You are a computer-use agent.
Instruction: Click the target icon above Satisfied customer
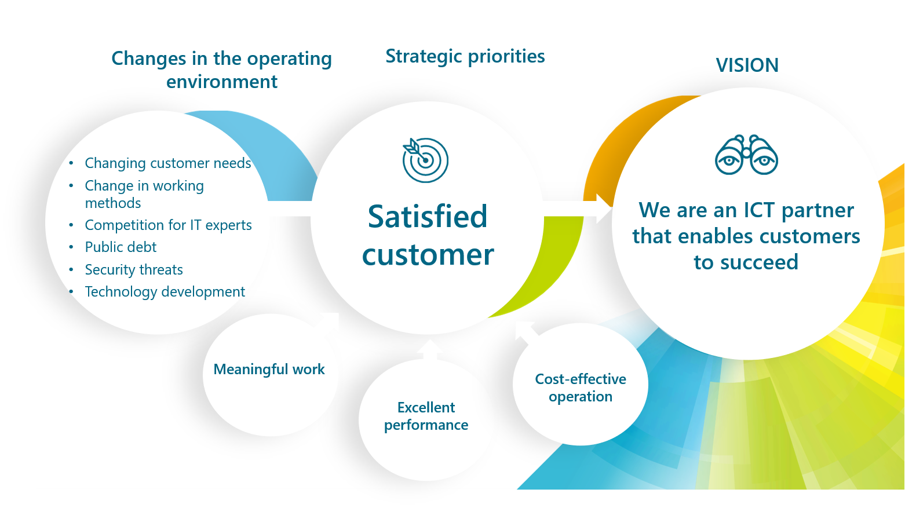click(x=426, y=160)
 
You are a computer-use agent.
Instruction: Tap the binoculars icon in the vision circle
click(x=746, y=155)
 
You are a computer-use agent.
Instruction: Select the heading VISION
click(x=747, y=65)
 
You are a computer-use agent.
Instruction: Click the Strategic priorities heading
click(x=465, y=56)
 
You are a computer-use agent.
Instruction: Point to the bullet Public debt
click(x=121, y=247)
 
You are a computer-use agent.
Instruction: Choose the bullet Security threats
click(x=134, y=270)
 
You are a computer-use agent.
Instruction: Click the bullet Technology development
click(x=165, y=292)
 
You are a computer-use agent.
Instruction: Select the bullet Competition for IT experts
click(x=168, y=225)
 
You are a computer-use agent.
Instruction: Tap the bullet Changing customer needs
click(x=167, y=163)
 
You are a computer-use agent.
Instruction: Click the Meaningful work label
click(x=269, y=370)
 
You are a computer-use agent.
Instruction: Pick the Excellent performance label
click(x=426, y=416)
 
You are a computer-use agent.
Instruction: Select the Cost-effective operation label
click(x=581, y=388)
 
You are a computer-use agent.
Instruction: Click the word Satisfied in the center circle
click(x=428, y=217)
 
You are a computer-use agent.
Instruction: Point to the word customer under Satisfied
click(x=428, y=255)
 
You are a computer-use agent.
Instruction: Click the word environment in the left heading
click(x=222, y=82)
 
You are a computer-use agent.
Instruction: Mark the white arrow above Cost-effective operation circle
click(x=526, y=332)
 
